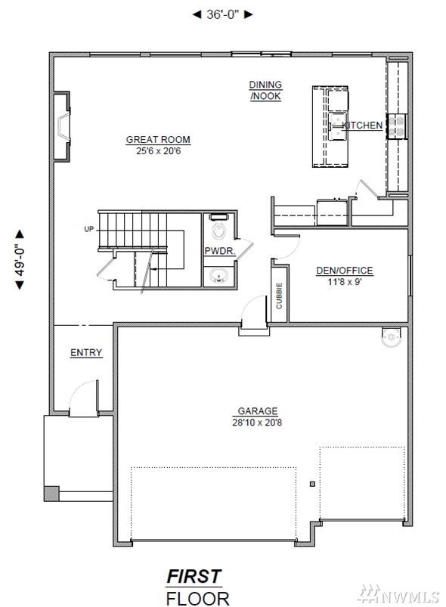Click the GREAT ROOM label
[x=158, y=139]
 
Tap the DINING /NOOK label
[x=265, y=90]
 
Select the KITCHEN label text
[x=362, y=125]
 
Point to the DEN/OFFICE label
[x=345, y=270]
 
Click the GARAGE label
[x=258, y=410]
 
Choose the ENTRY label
[x=86, y=352]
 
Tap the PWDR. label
[x=219, y=251]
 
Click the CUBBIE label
[x=279, y=296]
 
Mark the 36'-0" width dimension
[x=222, y=14]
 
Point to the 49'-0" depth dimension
[x=20, y=259]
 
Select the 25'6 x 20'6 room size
[x=158, y=151]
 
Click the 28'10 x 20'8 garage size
[x=257, y=422]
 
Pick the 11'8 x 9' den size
[x=345, y=281]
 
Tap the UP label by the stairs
[x=89, y=229]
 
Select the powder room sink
[x=218, y=276]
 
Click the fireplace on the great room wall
[x=62, y=126]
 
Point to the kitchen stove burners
[x=396, y=126]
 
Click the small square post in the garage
[x=312, y=484]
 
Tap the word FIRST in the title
[x=194, y=577]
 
